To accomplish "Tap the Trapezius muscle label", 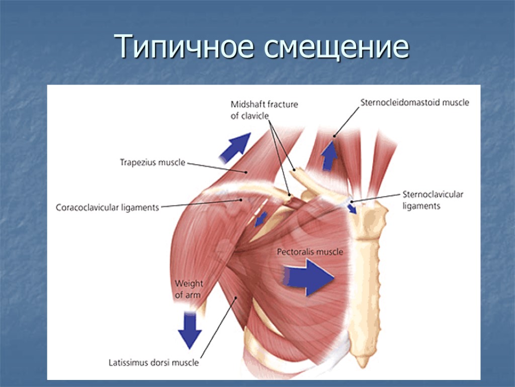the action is click(152, 162).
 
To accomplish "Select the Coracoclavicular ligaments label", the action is click(108, 207).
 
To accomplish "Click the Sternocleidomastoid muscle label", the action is click(414, 103).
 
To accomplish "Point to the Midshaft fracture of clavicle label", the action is click(264, 110).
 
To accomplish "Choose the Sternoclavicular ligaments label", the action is click(433, 200).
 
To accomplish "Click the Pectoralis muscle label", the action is click(310, 251).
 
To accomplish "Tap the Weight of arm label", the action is click(189, 289).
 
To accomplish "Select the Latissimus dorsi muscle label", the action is click(154, 362).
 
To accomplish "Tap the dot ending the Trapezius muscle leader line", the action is click(246, 172).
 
